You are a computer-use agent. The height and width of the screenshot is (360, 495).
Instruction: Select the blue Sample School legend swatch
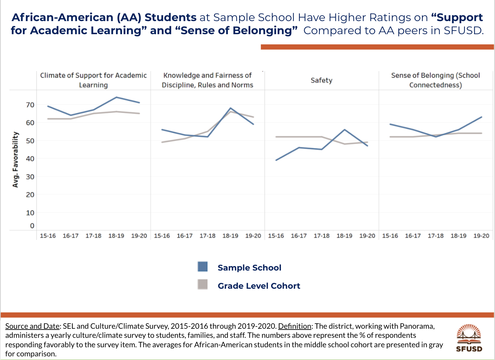coord(203,267)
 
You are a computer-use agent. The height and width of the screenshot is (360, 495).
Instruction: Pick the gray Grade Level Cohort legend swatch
coord(203,285)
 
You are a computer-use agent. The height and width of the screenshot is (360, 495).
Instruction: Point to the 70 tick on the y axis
coord(30,105)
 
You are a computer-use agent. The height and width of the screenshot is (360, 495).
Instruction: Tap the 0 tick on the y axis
coord(32,226)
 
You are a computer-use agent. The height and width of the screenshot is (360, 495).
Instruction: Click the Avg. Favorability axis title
coord(15,160)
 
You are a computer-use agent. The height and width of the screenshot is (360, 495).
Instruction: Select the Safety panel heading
coord(321,80)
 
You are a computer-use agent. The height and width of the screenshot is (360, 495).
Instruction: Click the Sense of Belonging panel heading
coord(435,80)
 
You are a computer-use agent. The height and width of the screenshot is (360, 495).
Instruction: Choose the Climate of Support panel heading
coord(93,80)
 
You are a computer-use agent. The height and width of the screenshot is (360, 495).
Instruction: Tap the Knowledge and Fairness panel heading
coord(207,80)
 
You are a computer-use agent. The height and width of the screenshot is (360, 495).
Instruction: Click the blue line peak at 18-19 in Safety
coord(345,130)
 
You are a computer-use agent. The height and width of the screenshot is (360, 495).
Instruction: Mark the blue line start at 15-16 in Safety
coord(276,160)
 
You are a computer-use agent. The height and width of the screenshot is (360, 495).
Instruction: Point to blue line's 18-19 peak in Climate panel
coord(116,97)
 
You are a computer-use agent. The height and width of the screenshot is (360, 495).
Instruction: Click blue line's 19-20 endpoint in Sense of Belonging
coord(482,117)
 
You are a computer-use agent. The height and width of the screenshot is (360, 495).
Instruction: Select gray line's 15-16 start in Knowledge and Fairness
coord(162,142)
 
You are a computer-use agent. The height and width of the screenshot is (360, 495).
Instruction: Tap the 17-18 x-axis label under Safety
coord(321,236)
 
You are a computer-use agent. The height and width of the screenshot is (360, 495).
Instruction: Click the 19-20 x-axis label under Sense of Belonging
coord(481,236)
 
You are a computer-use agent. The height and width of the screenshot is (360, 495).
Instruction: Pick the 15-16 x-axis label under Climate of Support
coord(48,236)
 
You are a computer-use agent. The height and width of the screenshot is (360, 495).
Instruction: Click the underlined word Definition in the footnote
coord(294,326)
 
